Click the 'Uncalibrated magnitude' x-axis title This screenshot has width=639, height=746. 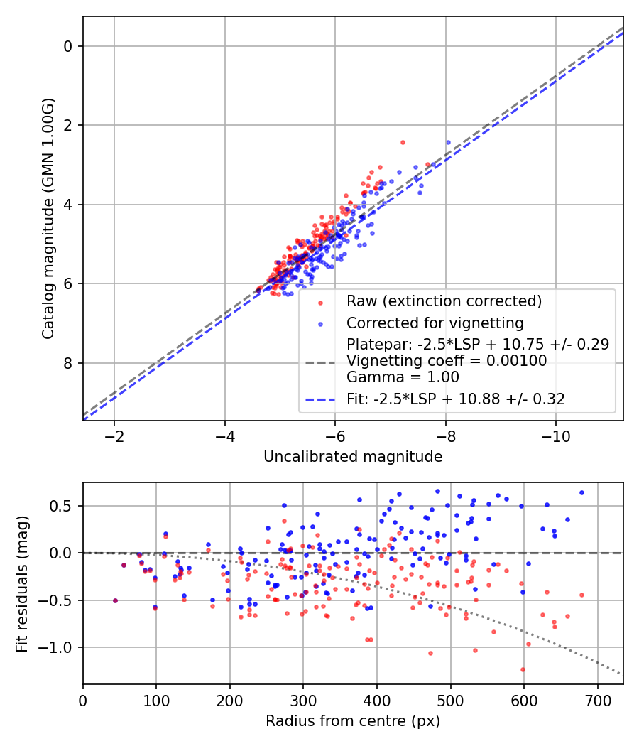pos(353,457)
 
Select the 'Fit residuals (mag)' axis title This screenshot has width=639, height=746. pos(22,583)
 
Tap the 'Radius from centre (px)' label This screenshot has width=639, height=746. pos(353,721)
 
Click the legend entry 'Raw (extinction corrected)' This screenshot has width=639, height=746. pos(444,301)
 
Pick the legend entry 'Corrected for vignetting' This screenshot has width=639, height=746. pos(435,324)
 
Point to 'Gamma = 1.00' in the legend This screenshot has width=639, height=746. pos(403,377)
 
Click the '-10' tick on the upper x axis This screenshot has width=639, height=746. pos(556,435)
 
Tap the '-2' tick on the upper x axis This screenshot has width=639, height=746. pos(114,435)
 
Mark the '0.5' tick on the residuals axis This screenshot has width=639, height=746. pos(65,506)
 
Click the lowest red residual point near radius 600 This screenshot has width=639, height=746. pos(523,669)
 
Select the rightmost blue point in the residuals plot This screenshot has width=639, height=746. pos(581,492)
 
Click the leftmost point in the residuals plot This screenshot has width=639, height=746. pos(115,600)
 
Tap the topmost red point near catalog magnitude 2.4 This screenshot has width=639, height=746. pos(403,142)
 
